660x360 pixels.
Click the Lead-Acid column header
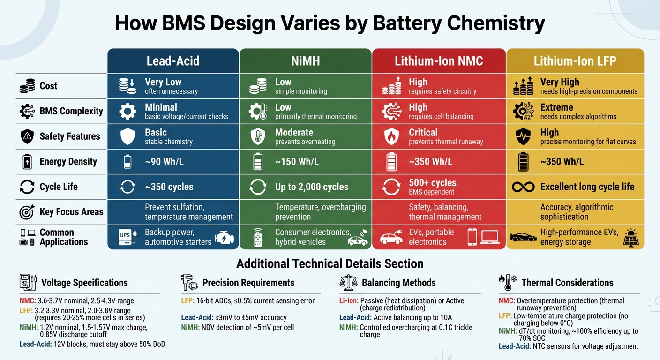click(x=173, y=61)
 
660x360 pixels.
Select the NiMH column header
click(x=305, y=61)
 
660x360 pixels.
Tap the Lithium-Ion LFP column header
click(x=575, y=61)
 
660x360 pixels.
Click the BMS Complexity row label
click(x=71, y=111)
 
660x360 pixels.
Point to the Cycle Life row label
click(x=59, y=187)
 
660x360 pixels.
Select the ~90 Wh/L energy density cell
click(x=164, y=162)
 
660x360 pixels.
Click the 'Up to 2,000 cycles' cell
click(x=311, y=187)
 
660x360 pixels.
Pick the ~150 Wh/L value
click(x=297, y=162)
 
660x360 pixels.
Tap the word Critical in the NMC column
click(x=423, y=133)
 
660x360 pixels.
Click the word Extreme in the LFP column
click(x=556, y=107)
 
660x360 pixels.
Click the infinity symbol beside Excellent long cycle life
click(x=523, y=187)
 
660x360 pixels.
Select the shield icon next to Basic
click(x=127, y=136)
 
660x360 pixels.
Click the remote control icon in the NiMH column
click(x=257, y=237)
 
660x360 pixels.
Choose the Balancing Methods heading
click(x=398, y=283)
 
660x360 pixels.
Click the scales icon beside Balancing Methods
click(x=347, y=283)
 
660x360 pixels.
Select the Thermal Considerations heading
click(x=567, y=283)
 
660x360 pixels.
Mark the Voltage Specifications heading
click(x=84, y=283)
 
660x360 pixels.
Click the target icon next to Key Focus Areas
click(x=27, y=212)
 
